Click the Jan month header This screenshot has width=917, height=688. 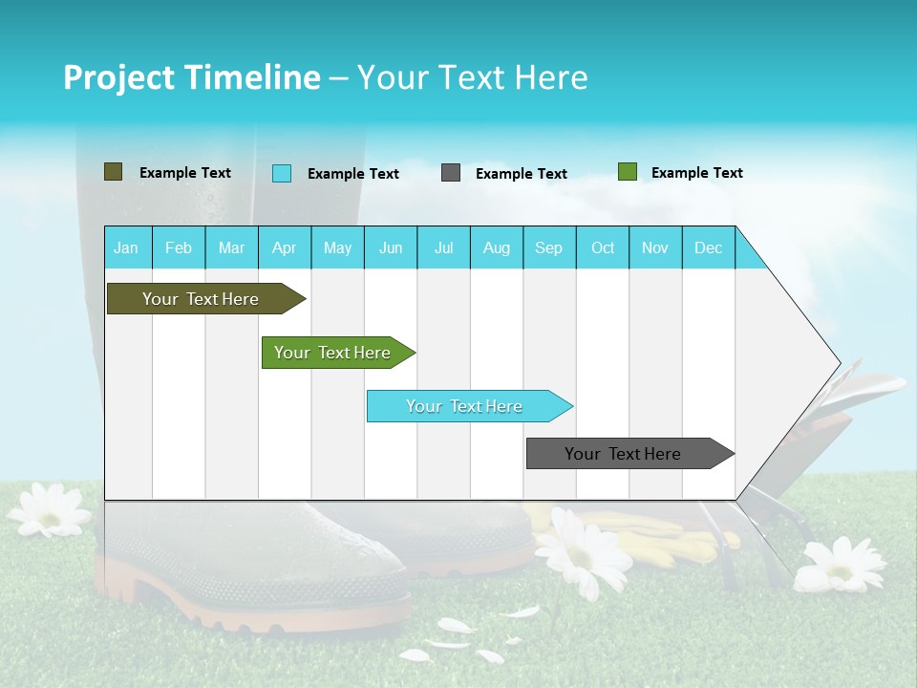coord(127,247)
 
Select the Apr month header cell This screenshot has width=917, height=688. coord(285,247)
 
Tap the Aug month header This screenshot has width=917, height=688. coord(497,247)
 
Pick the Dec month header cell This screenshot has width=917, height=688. coord(708,247)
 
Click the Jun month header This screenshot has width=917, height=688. coord(391,247)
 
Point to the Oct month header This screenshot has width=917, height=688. coord(603,247)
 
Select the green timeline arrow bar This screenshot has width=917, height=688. coord(334,353)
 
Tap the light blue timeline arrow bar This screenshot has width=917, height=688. coord(466,406)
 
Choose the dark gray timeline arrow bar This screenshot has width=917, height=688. coord(626,454)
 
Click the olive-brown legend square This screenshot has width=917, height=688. coord(113,172)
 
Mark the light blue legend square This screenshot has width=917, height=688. coord(281,173)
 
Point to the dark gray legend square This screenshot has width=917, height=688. coord(451,173)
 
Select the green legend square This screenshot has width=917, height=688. coord(627,172)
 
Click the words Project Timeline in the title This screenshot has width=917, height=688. coord(191,77)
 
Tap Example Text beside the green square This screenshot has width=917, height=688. coord(696,173)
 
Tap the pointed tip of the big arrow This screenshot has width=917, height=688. coord(839,363)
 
